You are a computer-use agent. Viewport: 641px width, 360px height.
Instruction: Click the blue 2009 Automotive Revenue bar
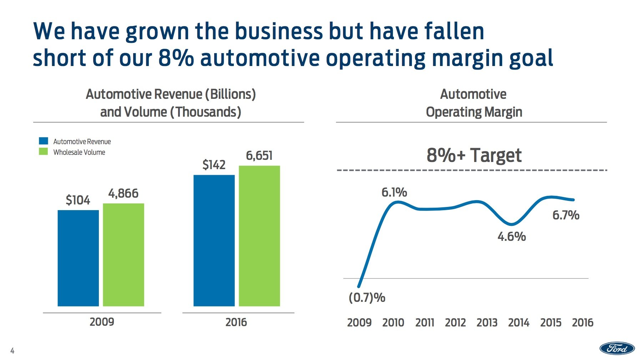pos(78,258)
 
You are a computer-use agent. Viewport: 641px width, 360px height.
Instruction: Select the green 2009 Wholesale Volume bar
pos(123,255)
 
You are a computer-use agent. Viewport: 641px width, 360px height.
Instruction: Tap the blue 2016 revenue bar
pos(214,240)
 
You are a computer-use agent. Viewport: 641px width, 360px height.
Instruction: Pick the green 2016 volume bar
pos(259,236)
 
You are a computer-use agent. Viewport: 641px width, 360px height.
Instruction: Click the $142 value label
pos(214,165)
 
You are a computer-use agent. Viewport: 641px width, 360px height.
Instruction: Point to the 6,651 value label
pos(259,156)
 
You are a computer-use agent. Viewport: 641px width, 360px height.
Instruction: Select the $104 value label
pos(78,200)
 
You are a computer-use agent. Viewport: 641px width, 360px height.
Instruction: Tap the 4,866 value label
pos(123,193)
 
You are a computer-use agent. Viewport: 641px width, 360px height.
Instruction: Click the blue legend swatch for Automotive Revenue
pos(43,141)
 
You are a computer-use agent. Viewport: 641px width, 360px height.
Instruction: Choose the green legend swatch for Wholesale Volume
pos(43,152)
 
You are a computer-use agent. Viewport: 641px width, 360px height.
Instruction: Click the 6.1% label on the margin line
pos(394,193)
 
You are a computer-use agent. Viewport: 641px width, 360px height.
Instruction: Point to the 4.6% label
pos(511,237)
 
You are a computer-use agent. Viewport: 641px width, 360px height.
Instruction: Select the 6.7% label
pos(566,215)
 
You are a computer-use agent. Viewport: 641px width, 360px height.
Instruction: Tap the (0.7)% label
pos(367,298)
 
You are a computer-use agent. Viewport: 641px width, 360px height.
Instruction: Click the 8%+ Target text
pos(474,155)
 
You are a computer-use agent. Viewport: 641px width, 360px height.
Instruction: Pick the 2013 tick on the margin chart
pos(487,323)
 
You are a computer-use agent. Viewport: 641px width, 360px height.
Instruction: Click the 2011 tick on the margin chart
pos(424,323)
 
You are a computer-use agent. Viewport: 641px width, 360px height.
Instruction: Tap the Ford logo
pos(617,348)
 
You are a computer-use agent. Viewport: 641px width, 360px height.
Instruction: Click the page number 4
pos(12,351)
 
